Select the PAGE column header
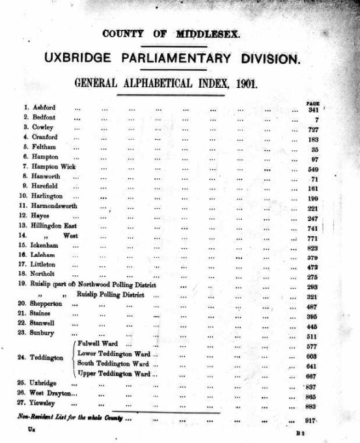tap(312, 103)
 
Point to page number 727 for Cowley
tap(313, 128)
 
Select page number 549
tap(313, 167)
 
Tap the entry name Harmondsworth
tap(59, 206)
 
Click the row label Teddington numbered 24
tap(49, 358)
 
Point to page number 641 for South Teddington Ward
tap(313, 364)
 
